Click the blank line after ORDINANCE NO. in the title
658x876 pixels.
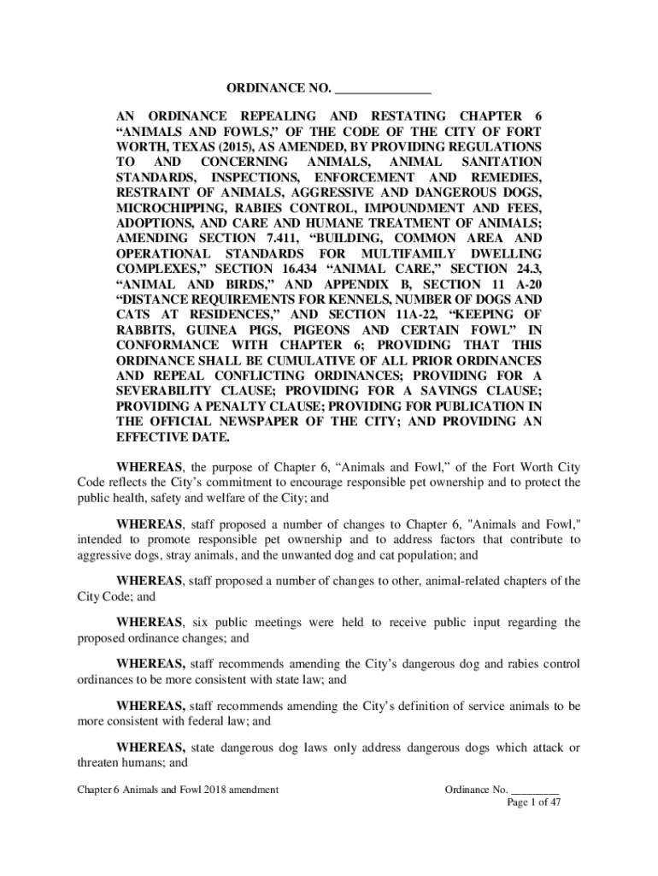pos(383,90)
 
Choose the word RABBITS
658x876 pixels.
pos(144,330)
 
